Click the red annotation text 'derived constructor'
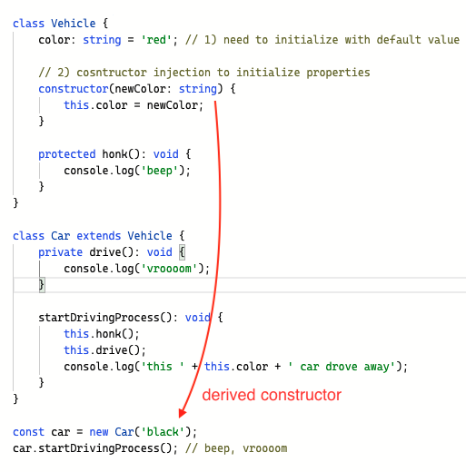pos(272,395)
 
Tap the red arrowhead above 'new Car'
pos(183,413)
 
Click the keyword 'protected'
pos(67,154)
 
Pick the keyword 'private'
pos(61,252)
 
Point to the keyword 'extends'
pos(99,236)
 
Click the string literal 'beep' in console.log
pos(159,171)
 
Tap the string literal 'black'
pos(163,432)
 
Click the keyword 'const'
pos(28,432)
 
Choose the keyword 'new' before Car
pos(99,432)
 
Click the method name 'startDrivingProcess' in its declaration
pos(99,318)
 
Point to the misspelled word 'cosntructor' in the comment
pos(112,73)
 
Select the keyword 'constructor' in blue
pos(74,89)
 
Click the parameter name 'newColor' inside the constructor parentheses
pos(140,89)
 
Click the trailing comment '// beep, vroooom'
pos(236,448)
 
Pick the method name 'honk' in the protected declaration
pos(114,154)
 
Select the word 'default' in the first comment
pos(399,40)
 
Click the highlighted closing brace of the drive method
pos(42,285)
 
